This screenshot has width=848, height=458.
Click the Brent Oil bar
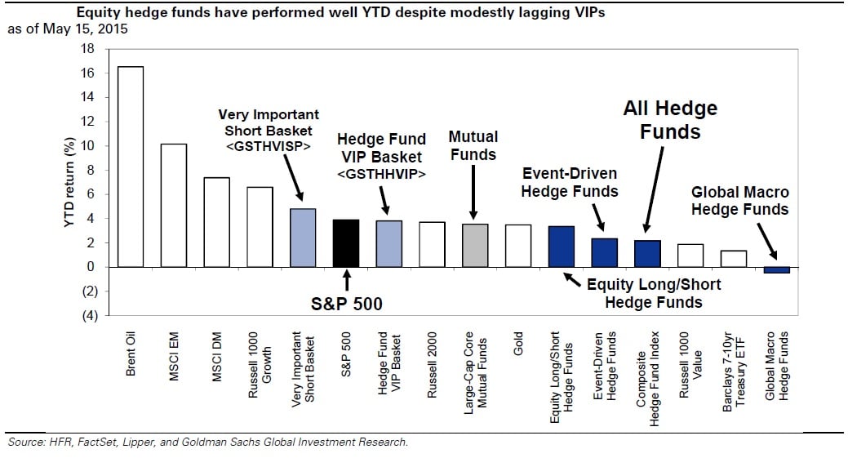131,167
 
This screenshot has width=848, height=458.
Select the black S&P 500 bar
345,243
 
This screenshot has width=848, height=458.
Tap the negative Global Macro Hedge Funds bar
776,270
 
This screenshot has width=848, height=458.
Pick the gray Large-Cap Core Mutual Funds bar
475,246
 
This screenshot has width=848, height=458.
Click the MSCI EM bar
174,205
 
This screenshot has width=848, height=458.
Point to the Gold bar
518,246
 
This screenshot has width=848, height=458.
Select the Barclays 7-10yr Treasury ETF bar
733,259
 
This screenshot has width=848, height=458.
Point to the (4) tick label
86,316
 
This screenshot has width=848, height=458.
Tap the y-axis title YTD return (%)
69,182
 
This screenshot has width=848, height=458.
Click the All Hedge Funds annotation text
670,119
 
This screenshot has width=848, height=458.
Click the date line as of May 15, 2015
68,29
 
